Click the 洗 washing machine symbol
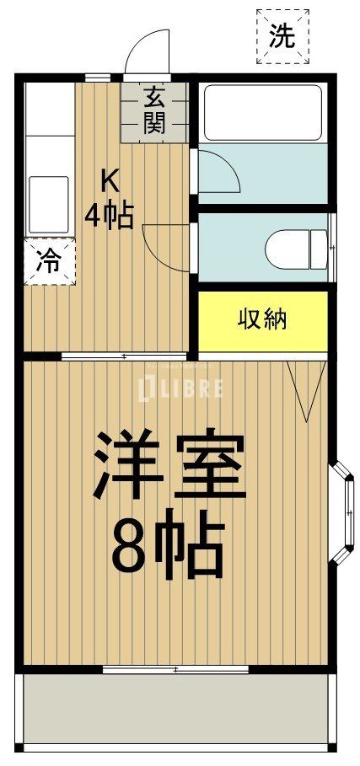[x=282, y=36]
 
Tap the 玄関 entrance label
[x=153, y=111]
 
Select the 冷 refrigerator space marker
[x=49, y=261]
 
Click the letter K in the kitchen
[x=110, y=179]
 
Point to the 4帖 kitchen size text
[x=108, y=216]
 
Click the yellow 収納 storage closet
[x=262, y=320]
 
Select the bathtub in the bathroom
[x=261, y=112]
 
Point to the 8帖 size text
[x=169, y=547]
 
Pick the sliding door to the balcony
[x=175, y=669]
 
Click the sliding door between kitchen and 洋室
[x=124, y=356]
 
